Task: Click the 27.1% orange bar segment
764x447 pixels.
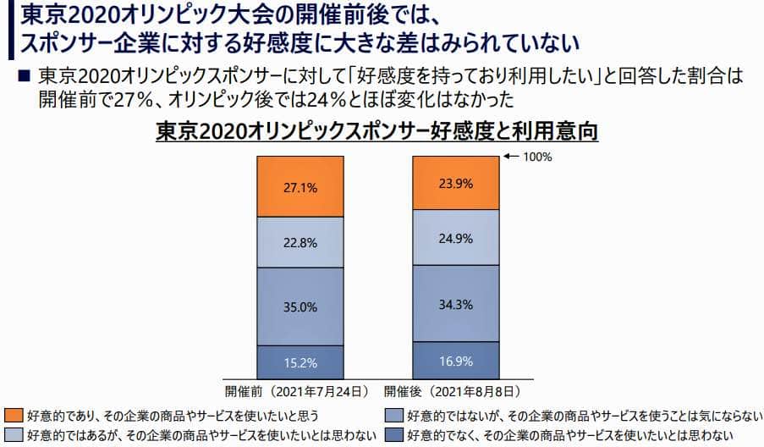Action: (301, 187)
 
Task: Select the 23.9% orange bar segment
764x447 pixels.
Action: (455, 181)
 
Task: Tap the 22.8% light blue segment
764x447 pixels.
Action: (301, 242)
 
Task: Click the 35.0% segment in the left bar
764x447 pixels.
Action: (301, 306)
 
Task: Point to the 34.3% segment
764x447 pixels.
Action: (455, 303)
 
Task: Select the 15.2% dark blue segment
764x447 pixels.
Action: (301, 362)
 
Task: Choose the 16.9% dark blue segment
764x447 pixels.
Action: (455, 360)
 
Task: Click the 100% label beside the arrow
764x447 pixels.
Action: (537, 157)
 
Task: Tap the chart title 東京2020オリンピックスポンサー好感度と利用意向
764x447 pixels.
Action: (377, 132)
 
